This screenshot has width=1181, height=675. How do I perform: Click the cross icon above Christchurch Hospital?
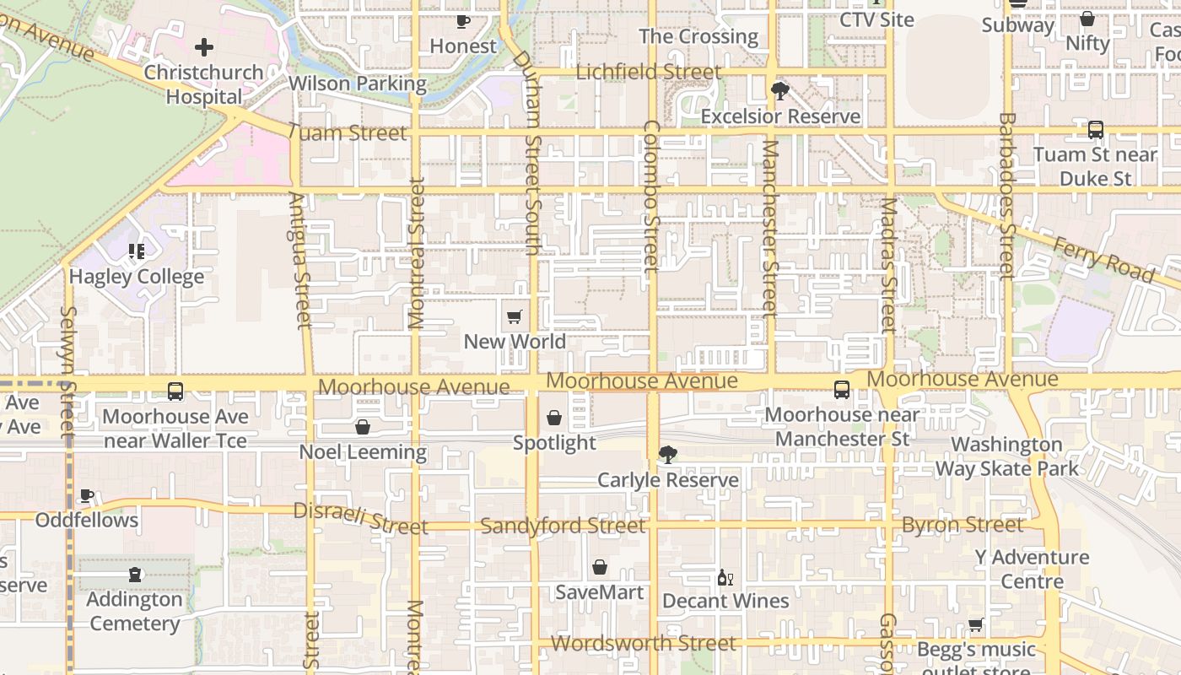pyautogui.click(x=204, y=47)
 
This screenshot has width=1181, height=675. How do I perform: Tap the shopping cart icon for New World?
pyautogui.click(x=515, y=317)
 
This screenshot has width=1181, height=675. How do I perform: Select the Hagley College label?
pyautogui.click(x=137, y=277)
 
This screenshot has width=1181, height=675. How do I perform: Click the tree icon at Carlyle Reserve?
pyautogui.click(x=667, y=455)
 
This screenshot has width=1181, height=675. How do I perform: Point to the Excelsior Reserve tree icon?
pyautogui.click(x=780, y=90)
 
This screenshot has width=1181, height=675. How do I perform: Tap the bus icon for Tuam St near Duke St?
pyautogui.click(x=1095, y=130)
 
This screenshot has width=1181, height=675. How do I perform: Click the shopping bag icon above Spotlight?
pyautogui.click(x=554, y=418)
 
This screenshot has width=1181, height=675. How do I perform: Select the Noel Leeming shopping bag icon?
pyautogui.click(x=363, y=427)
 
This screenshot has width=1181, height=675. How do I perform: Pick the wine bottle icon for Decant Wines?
pyautogui.click(x=725, y=577)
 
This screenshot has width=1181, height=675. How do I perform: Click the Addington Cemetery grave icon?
pyautogui.click(x=135, y=575)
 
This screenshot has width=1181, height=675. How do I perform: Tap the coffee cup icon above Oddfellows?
pyautogui.click(x=86, y=495)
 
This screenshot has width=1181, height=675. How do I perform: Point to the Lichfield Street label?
pyautogui.click(x=648, y=72)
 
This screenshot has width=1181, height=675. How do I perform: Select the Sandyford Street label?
pyautogui.click(x=563, y=526)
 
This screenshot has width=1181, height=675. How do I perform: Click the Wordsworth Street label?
pyautogui.click(x=644, y=643)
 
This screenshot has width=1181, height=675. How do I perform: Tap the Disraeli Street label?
pyautogui.click(x=360, y=519)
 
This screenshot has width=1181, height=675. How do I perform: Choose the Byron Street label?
pyautogui.click(x=963, y=525)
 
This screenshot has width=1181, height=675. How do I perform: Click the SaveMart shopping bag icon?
pyautogui.click(x=599, y=567)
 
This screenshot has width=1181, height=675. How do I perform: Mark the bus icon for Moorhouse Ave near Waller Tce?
pyautogui.click(x=175, y=391)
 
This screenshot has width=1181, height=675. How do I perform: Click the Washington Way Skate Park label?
pyautogui.click(x=1006, y=456)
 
